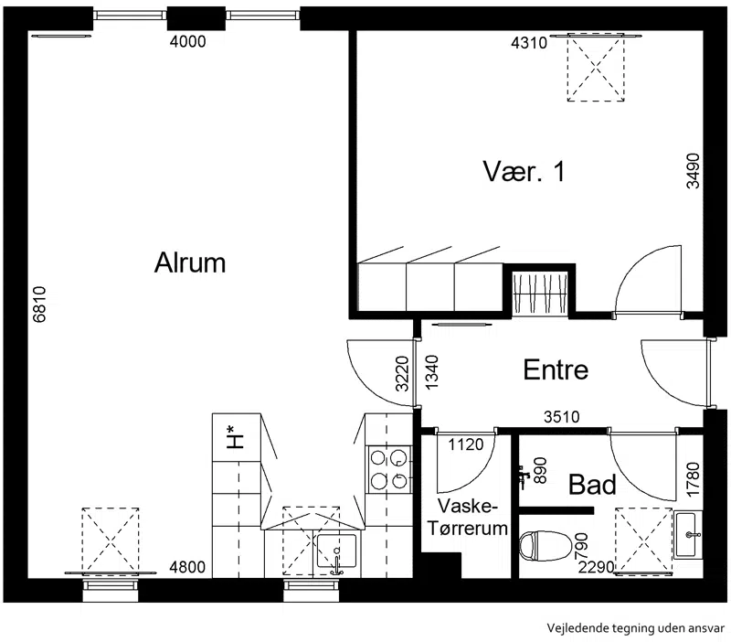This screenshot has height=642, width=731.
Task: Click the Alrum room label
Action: pyautogui.click(x=190, y=262)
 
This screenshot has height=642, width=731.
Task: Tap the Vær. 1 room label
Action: pyautogui.click(x=524, y=171)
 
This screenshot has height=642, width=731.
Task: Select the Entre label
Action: pyautogui.click(x=556, y=369)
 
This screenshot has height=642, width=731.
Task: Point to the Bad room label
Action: pyautogui.click(x=592, y=485)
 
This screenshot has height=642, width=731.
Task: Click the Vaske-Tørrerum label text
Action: pyautogui.click(x=468, y=518)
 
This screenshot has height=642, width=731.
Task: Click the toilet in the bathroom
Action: pyautogui.click(x=546, y=545)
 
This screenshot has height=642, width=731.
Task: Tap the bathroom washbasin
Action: pyautogui.click(x=688, y=534)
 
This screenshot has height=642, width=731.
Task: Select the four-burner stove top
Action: pyautogui.click(x=389, y=469)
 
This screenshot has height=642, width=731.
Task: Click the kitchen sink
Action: pyautogui.click(x=336, y=552)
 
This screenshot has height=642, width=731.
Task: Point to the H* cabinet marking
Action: pyautogui.click(x=236, y=437)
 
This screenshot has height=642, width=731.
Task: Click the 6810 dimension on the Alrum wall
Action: pyautogui.click(x=39, y=305)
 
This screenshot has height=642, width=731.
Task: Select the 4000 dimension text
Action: pyautogui.click(x=188, y=41)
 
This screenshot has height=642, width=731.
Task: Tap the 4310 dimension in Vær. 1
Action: pyautogui.click(x=529, y=43)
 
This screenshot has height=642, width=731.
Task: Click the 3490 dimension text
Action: pyautogui.click(x=694, y=171)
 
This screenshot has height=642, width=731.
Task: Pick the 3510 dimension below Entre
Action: pyautogui.click(x=562, y=417)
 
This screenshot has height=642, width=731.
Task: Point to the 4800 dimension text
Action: pyautogui.click(x=187, y=567)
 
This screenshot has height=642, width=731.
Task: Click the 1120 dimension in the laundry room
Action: pyautogui.click(x=466, y=444)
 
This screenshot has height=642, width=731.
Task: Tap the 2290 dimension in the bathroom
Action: pyautogui.click(x=597, y=567)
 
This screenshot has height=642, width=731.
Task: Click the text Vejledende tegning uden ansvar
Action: pyautogui.click(x=636, y=628)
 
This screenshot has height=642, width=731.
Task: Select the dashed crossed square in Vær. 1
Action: pyautogui.click(x=596, y=68)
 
